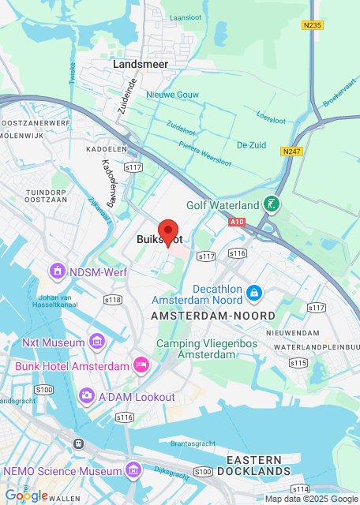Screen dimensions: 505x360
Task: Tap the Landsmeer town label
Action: (141, 63)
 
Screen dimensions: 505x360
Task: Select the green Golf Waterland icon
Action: (272, 205)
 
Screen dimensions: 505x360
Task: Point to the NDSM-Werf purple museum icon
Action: (57, 272)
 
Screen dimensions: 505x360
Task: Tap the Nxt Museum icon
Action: (97, 342)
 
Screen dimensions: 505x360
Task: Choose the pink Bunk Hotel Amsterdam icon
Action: (141, 365)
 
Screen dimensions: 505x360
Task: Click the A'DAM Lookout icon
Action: (87, 395)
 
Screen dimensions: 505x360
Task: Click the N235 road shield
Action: (312, 25)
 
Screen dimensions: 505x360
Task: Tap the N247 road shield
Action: (290, 150)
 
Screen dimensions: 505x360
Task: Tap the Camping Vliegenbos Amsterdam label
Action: (196, 349)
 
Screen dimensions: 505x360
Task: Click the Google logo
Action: (26, 495)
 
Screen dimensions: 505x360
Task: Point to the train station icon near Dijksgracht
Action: (78, 443)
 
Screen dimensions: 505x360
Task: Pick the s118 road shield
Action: (113, 299)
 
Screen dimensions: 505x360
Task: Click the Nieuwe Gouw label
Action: (170, 95)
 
